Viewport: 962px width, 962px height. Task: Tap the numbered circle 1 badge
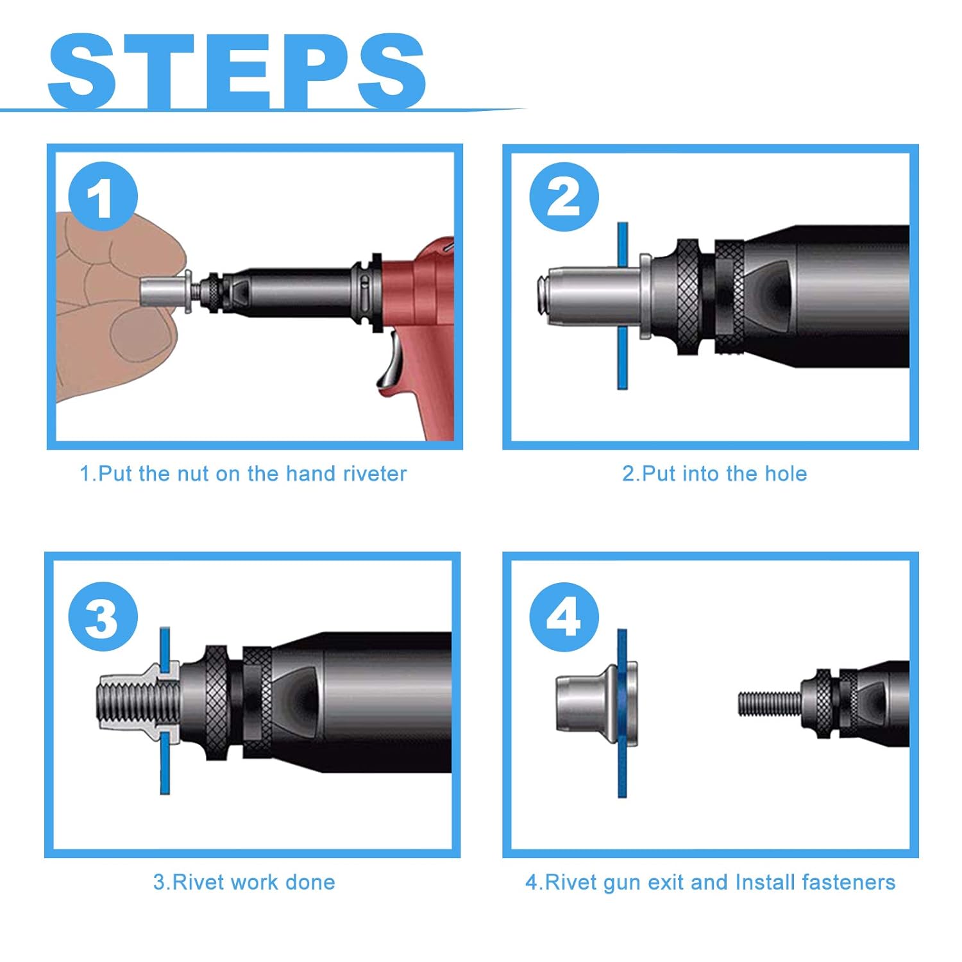click(103, 196)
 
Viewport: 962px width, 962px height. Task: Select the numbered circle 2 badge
click(564, 196)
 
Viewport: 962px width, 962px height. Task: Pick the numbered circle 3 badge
click(103, 617)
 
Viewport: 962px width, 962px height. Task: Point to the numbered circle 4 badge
click(564, 617)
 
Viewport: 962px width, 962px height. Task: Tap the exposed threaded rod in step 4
click(768, 704)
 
